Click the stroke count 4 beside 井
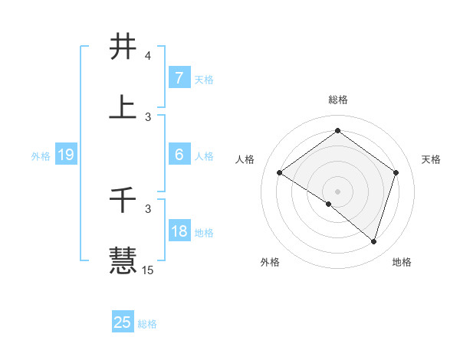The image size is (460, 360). click(147, 57)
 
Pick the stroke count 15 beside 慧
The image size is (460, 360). click(147, 270)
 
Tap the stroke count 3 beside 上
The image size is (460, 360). click(147, 116)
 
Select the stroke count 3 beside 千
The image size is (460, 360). click(147, 208)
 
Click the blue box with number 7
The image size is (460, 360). click(179, 78)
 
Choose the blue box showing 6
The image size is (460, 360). click(179, 155)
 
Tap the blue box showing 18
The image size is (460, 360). click(179, 231)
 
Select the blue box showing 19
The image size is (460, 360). click(66, 155)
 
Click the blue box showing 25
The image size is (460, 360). click(123, 322)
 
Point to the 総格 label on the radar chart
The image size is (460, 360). click(337, 100)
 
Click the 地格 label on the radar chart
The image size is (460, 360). click(402, 263)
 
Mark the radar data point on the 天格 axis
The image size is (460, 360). click(396, 173)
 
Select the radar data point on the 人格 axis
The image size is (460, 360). click(279, 173)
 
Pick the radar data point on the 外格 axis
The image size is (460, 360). click(329, 204)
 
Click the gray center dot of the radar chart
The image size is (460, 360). click(337, 191)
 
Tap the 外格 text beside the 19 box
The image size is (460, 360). click(40, 156)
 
